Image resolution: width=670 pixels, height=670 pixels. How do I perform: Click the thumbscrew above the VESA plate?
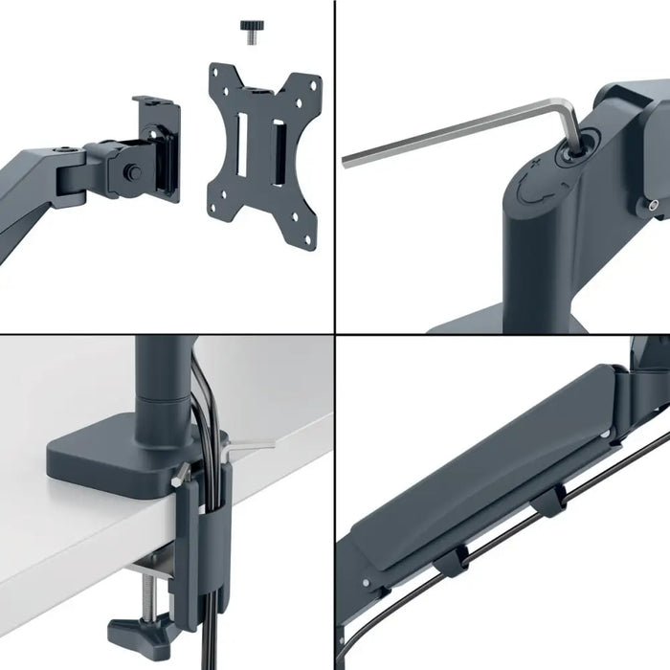252,33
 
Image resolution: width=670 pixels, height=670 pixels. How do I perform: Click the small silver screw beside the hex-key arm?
652,204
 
